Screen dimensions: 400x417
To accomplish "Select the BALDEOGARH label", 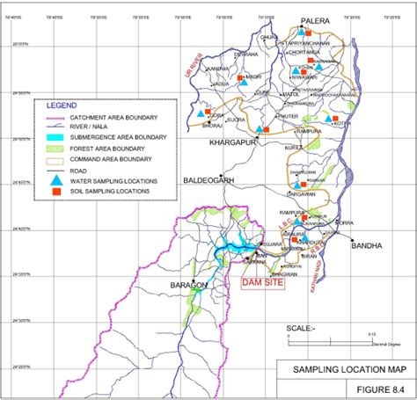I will click(209, 180).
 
